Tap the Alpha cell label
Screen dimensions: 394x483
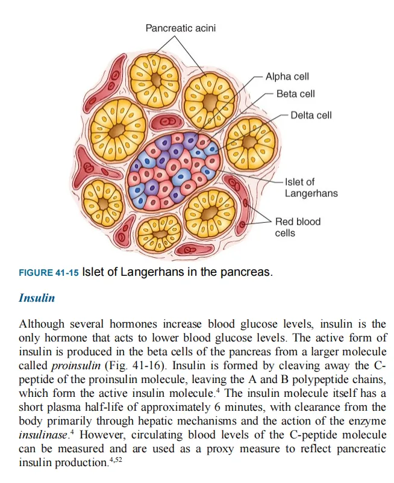click(x=287, y=77)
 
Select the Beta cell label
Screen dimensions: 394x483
click(x=296, y=94)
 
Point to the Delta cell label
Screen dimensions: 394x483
click(x=311, y=115)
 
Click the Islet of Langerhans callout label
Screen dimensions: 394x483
click(x=311, y=187)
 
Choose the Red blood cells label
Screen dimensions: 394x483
click(x=298, y=227)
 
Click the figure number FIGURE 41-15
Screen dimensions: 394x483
click(x=53, y=272)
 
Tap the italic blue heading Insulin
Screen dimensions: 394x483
click(x=37, y=299)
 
